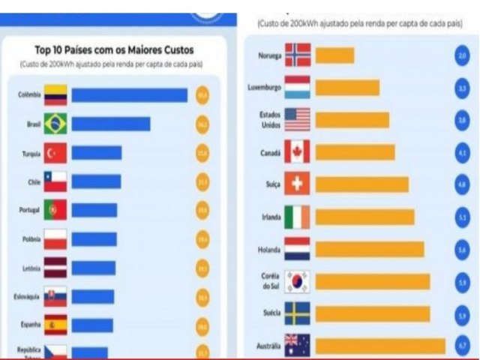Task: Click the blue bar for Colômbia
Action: coord(129,95)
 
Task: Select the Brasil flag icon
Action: coord(55,124)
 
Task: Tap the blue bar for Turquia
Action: coord(96,153)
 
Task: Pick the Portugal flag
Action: coord(55,210)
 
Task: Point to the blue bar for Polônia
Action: coord(94,239)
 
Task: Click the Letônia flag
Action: coord(55,268)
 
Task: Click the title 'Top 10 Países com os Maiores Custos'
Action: coord(113,50)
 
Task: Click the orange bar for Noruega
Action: coord(334,55)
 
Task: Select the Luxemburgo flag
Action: coord(298,88)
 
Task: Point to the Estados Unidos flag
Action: coord(298,120)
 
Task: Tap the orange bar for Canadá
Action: coord(355,152)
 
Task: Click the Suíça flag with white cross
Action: coord(298,184)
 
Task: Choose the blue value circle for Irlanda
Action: coord(462,217)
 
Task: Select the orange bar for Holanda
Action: coord(369,249)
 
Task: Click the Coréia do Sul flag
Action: coord(298,281)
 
